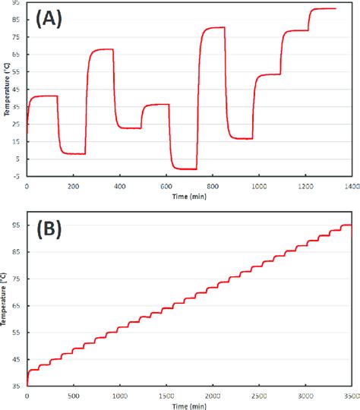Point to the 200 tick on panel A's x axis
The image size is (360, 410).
(x=73, y=184)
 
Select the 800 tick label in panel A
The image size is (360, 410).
(x=212, y=184)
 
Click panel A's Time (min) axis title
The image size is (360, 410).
(x=188, y=196)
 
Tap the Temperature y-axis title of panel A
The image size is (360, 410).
(x=6, y=91)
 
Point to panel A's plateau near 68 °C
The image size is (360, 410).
(x=102, y=49)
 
